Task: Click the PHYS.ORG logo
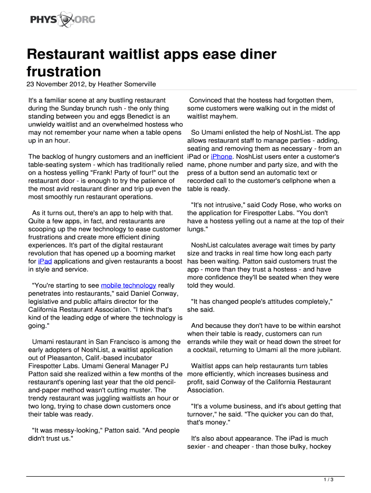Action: click(x=62, y=20)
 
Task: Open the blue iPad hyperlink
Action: click(x=45, y=261)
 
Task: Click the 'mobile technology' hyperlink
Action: click(x=128, y=285)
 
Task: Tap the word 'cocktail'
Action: click(x=207, y=350)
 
